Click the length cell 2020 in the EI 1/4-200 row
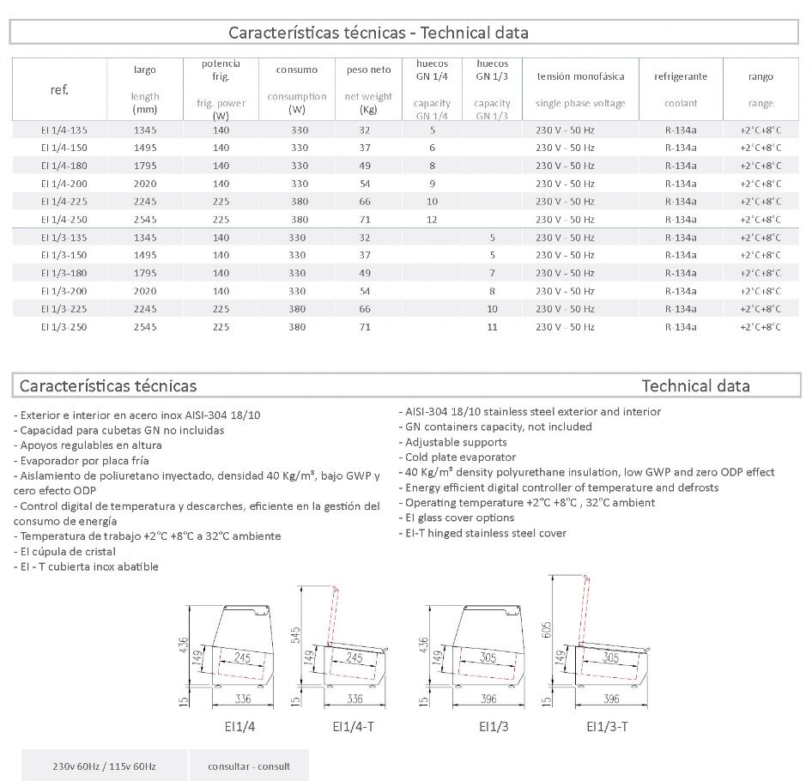[x=146, y=183]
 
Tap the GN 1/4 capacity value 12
[x=432, y=219]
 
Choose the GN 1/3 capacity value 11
[x=492, y=326]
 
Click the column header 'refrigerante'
[x=681, y=76]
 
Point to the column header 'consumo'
[x=297, y=70]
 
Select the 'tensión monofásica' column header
[x=580, y=76]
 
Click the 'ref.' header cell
[x=60, y=89]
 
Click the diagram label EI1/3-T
[x=607, y=726]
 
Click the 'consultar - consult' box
[x=249, y=766]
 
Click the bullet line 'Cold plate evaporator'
[x=461, y=457]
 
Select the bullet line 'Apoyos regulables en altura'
[x=91, y=445]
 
